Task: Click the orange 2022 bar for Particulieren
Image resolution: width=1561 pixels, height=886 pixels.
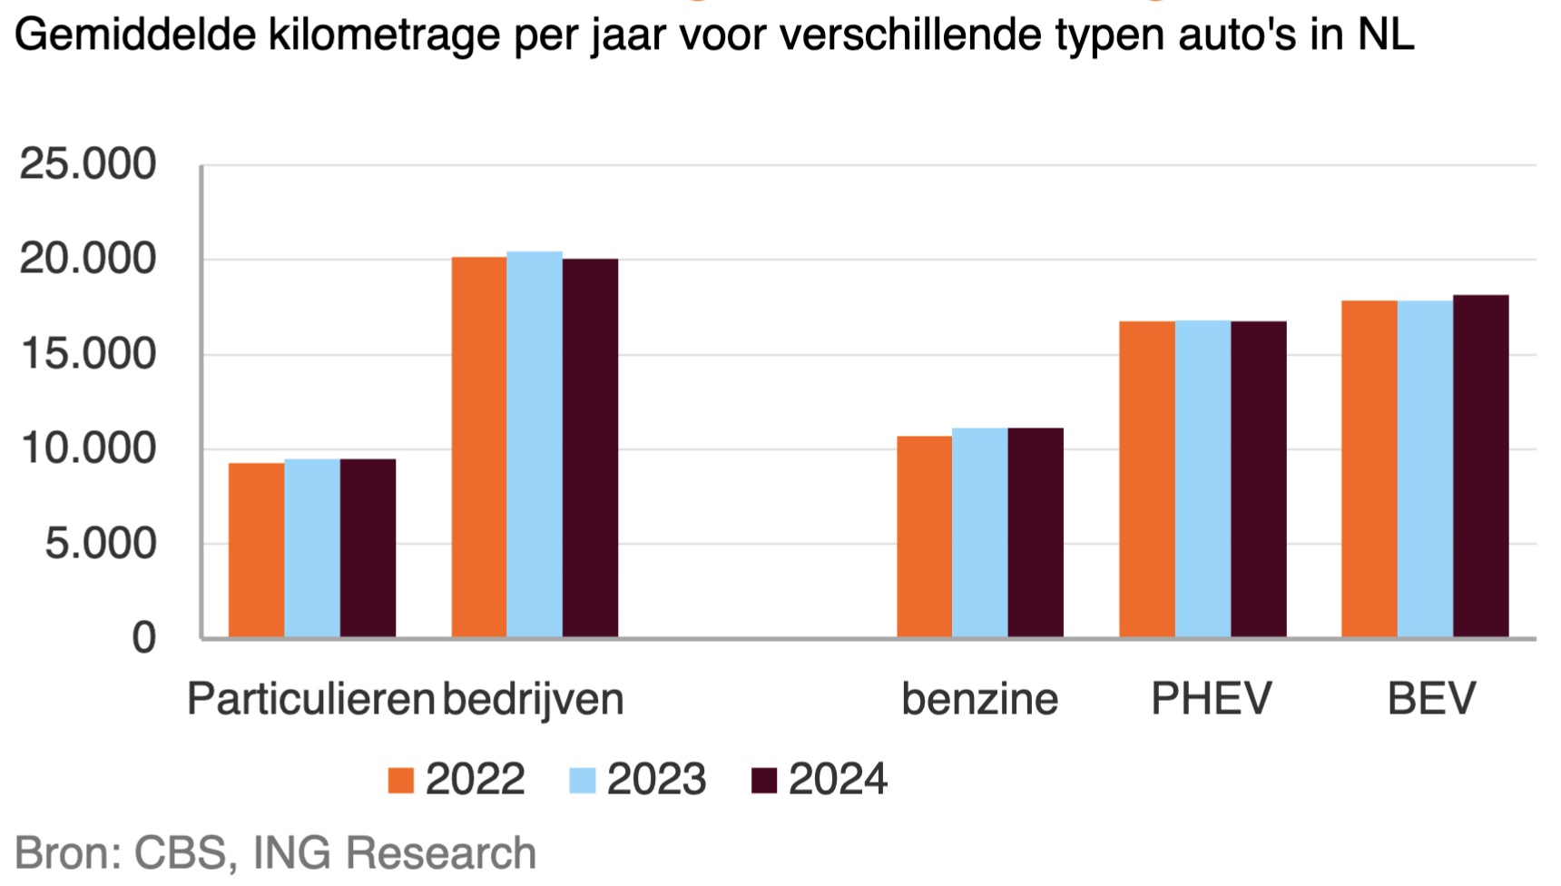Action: click(x=256, y=550)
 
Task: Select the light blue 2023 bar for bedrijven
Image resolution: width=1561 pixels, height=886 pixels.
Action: click(x=535, y=445)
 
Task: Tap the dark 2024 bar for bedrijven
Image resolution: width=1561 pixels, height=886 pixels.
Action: click(x=590, y=448)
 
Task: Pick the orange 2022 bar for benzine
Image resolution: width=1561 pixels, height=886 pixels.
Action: click(x=924, y=537)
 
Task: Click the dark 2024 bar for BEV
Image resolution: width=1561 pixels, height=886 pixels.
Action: click(x=1480, y=466)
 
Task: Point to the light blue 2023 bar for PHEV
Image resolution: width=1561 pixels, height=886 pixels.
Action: click(x=1203, y=478)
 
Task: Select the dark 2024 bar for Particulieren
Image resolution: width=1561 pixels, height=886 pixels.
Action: click(x=368, y=548)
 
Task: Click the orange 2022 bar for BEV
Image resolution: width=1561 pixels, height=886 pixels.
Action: click(x=1369, y=468)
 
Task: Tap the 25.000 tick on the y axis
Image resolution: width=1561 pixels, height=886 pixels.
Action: click(x=88, y=165)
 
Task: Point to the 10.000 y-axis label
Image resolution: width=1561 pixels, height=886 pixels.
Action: click(x=88, y=449)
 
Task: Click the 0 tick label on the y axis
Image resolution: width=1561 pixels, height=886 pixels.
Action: click(x=143, y=639)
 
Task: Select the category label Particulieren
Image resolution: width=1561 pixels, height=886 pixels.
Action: click(x=310, y=699)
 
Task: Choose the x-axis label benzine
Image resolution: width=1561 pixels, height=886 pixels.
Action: click(x=979, y=699)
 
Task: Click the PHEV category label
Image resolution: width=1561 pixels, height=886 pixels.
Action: click(x=1211, y=699)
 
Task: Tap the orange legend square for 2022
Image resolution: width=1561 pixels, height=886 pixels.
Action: click(x=400, y=781)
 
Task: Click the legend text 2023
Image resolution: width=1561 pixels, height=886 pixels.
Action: click(x=656, y=780)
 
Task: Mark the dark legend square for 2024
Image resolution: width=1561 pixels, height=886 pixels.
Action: click(x=764, y=781)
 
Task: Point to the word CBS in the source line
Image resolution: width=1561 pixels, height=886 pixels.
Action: click(x=179, y=853)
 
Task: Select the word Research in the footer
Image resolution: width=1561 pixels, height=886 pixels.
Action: click(x=441, y=853)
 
